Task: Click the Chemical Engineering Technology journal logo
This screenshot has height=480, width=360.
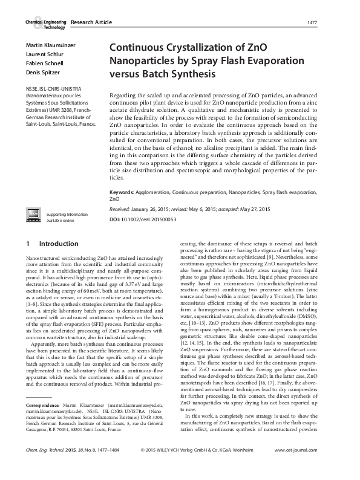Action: (x=45, y=24)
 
